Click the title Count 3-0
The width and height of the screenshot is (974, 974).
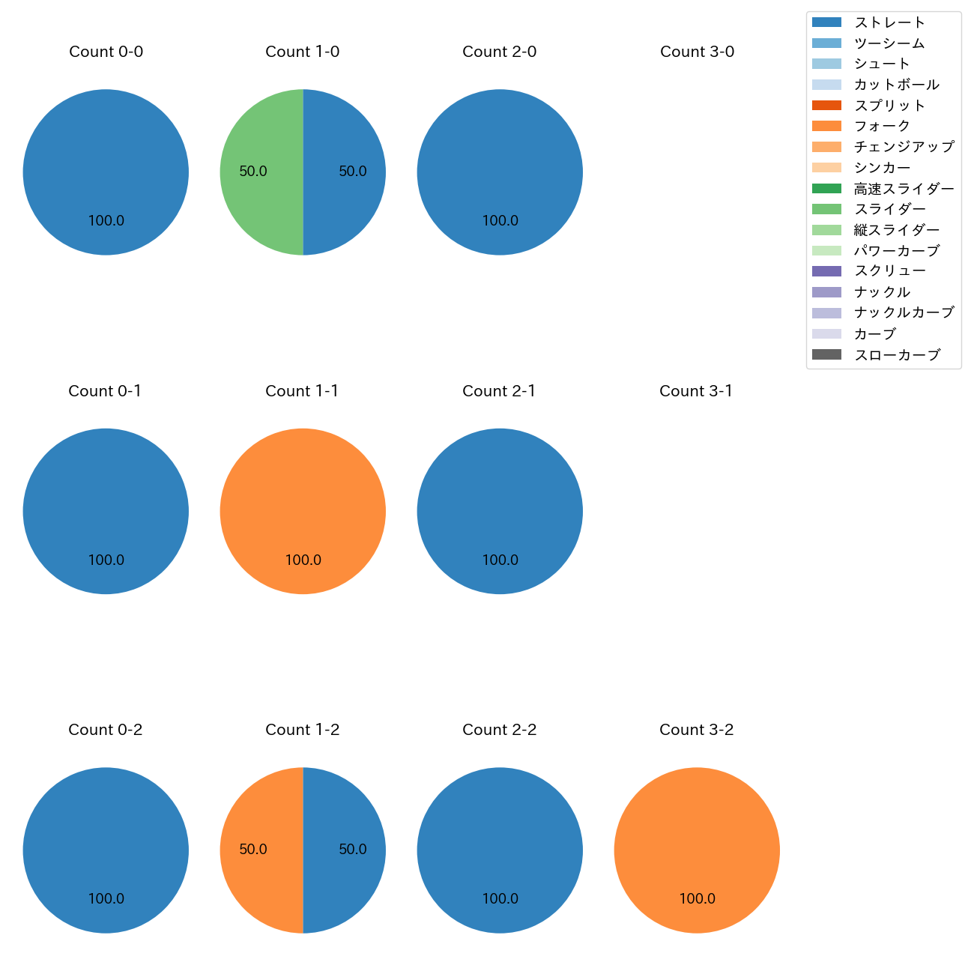[x=697, y=52]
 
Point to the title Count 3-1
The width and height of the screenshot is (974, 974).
[x=696, y=391]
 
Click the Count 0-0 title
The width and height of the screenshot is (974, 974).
[x=106, y=52]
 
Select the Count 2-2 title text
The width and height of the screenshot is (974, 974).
[x=500, y=730]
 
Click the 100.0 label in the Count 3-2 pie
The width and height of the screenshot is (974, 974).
[x=697, y=898]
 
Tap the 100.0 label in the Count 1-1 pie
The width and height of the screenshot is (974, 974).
[x=303, y=560]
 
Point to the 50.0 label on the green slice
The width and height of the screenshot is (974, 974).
[x=253, y=172]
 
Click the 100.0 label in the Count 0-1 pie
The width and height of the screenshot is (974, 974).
[x=106, y=560]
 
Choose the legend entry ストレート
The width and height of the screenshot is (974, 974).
[x=889, y=22]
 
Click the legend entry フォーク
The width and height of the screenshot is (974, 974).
[x=882, y=126]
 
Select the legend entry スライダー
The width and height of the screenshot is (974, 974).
[x=889, y=209]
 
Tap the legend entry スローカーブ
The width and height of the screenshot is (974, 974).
[x=897, y=354]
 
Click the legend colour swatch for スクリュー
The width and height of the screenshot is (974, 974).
[x=826, y=271]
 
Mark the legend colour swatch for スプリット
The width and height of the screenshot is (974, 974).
[x=826, y=106]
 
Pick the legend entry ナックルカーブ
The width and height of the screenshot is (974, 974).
[x=904, y=312]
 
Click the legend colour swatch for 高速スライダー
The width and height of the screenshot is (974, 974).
[x=826, y=189]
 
